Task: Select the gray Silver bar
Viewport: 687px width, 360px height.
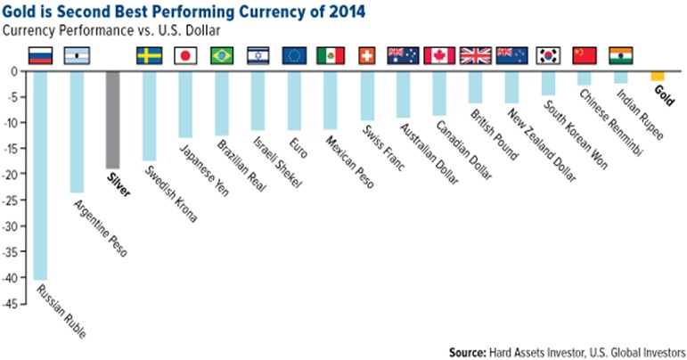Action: coord(113,119)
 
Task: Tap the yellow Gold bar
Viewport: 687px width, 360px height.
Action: coord(658,76)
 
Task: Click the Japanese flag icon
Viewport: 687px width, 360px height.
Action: coord(185,56)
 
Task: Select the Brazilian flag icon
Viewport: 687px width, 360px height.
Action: coord(222,56)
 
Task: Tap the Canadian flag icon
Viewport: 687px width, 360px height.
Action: coord(439,56)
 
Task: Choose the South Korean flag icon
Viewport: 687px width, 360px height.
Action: coord(548,56)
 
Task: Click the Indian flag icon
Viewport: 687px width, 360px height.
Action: coord(620,56)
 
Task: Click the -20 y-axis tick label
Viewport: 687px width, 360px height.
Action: coord(13,175)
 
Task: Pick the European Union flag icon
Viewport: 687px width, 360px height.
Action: coord(294,56)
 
